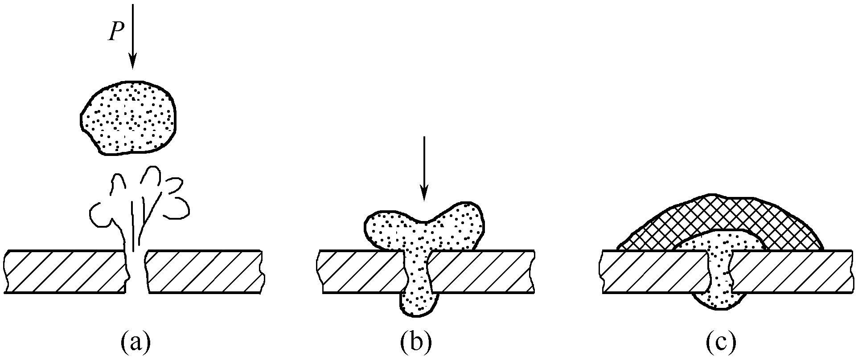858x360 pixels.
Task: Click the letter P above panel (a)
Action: pyautogui.click(x=115, y=32)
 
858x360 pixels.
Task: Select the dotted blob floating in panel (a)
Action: pyautogui.click(x=128, y=118)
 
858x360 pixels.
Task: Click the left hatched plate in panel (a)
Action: pyautogui.click(x=65, y=272)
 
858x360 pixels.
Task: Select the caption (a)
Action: pyautogui.click(x=135, y=343)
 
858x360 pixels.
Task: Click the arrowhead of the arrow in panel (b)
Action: pyautogui.click(x=424, y=193)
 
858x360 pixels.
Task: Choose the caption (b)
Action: pyautogui.click(x=416, y=343)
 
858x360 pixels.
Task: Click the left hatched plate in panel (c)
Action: pyautogui.click(x=653, y=272)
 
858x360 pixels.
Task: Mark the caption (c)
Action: pyautogui.click(x=721, y=343)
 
